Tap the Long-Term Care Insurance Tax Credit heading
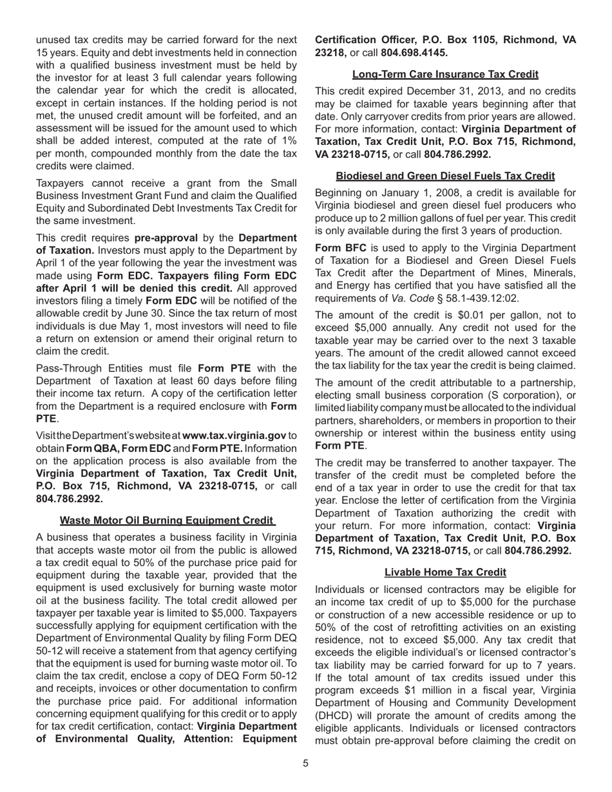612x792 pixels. pyautogui.click(x=445, y=74)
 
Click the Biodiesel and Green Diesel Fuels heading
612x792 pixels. pyautogui.click(x=445, y=176)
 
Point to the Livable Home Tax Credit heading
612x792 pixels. pyautogui.click(x=445, y=572)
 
